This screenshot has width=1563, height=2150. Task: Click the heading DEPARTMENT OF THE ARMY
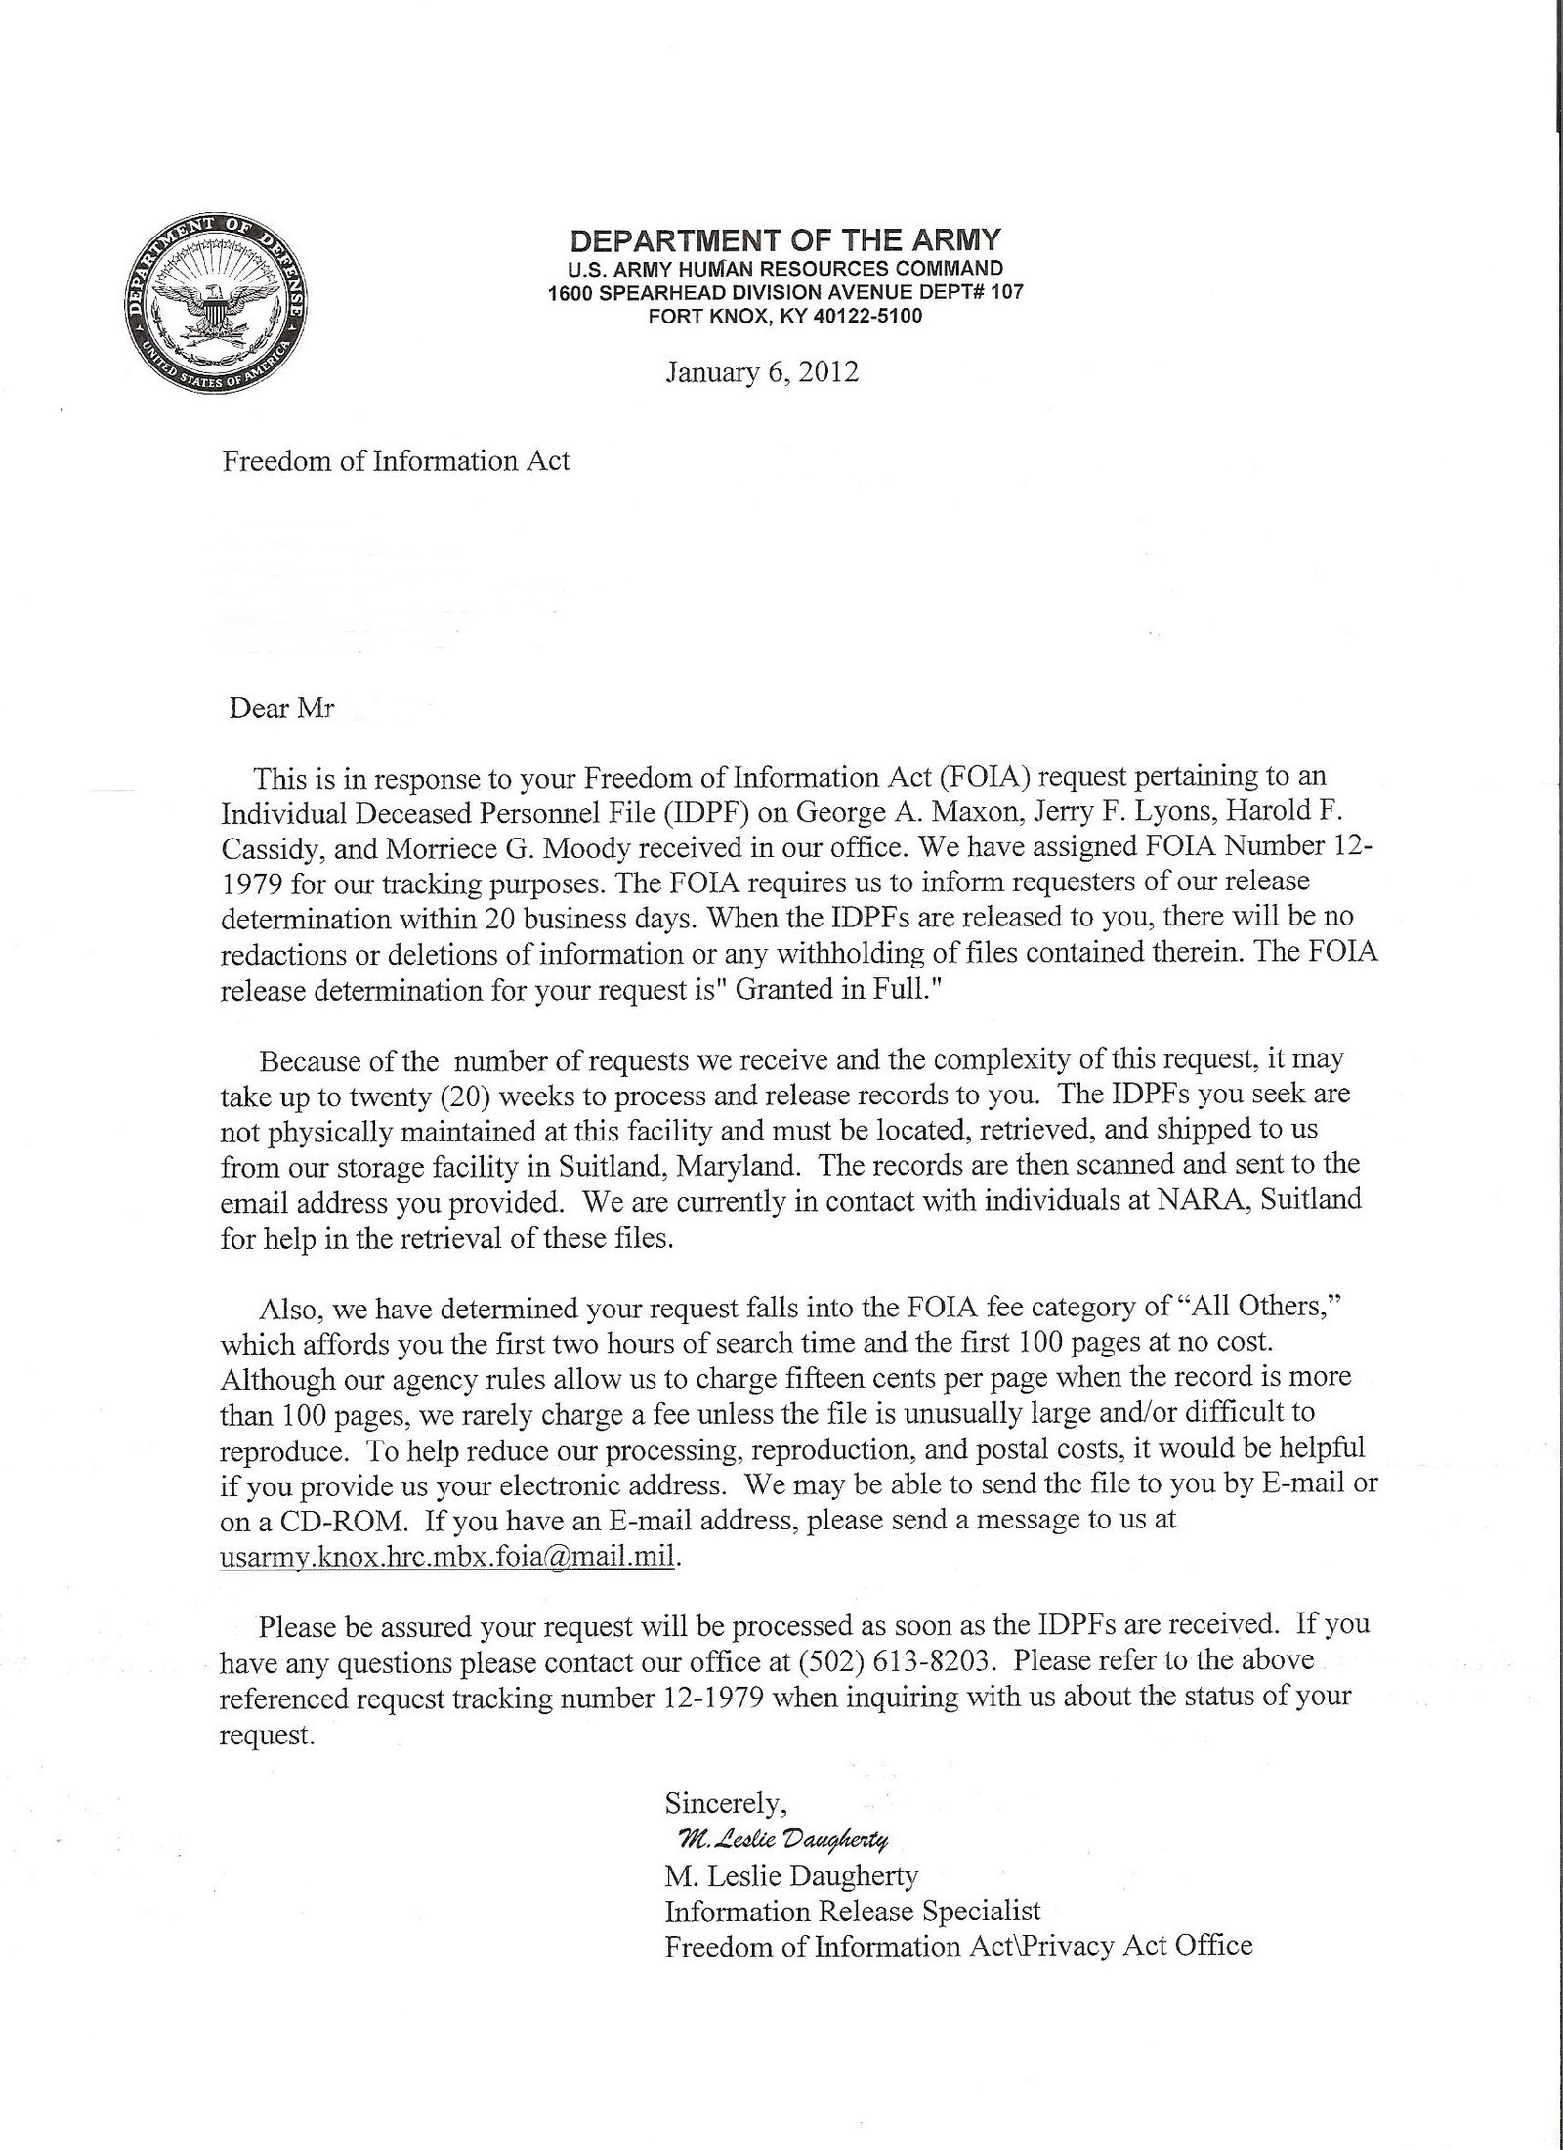point(785,240)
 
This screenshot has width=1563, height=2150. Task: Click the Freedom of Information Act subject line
point(396,461)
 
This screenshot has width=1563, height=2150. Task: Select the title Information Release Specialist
point(853,1911)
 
